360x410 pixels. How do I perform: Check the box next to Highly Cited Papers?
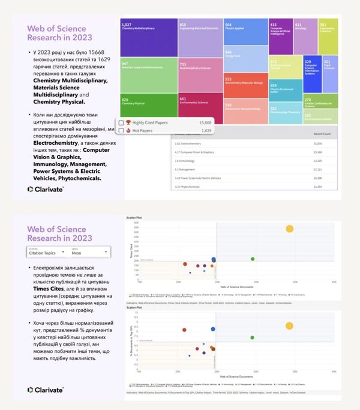121,122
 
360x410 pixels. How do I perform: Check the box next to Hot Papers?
121,130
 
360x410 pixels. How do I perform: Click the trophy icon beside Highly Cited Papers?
128,122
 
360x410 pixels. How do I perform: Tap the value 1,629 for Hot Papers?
206,130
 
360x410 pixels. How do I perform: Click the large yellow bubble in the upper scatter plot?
290,228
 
